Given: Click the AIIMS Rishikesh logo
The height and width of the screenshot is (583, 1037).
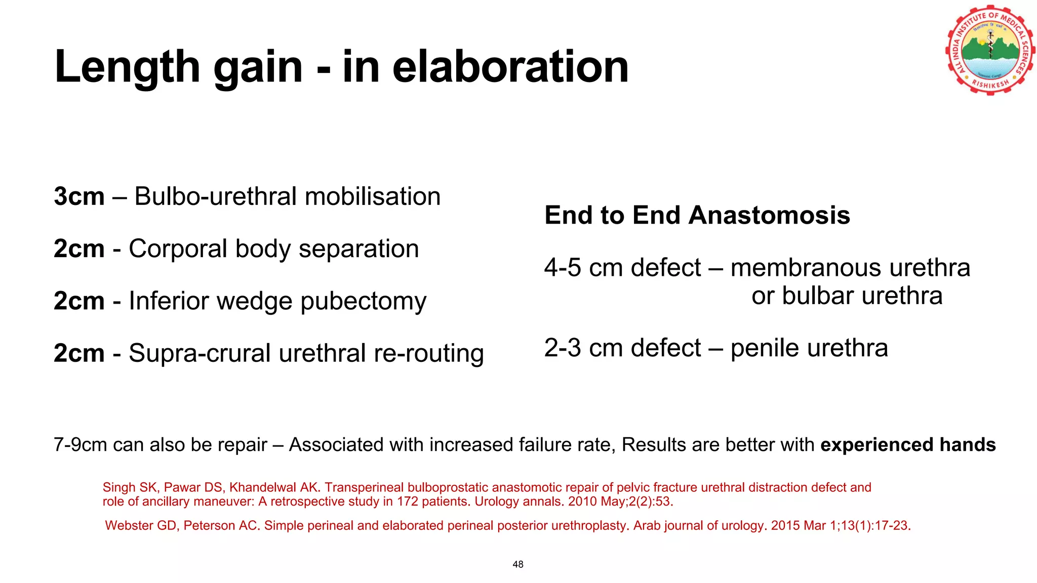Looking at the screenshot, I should [990, 51].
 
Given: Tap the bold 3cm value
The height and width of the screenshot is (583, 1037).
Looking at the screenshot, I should [79, 196].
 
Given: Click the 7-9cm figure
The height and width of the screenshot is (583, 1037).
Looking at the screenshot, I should [80, 445].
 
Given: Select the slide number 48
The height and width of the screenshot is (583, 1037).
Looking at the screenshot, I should [518, 564].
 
